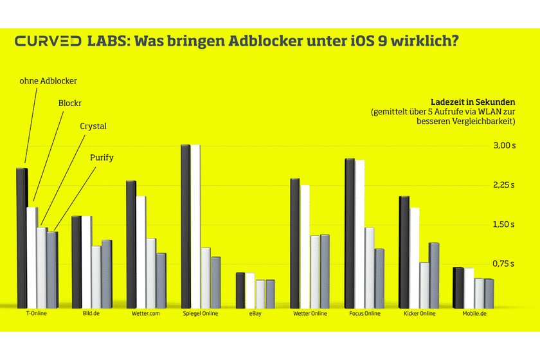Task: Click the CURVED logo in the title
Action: click(x=48, y=42)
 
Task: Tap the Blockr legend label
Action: click(x=71, y=103)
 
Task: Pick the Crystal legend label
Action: click(x=93, y=126)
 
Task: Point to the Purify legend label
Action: click(x=102, y=157)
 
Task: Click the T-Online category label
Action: click(x=37, y=314)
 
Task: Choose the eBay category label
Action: click(x=256, y=314)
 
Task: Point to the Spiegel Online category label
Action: click(x=201, y=314)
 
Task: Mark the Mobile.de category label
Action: click(x=474, y=314)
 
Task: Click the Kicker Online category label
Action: click(x=420, y=314)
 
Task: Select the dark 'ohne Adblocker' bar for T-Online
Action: click(x=22, y=238)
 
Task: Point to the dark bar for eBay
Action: click(x=240, y=290)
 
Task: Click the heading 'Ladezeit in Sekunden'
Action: click(x=473, y=102)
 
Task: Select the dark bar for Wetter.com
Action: click(x=131, y=244)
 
